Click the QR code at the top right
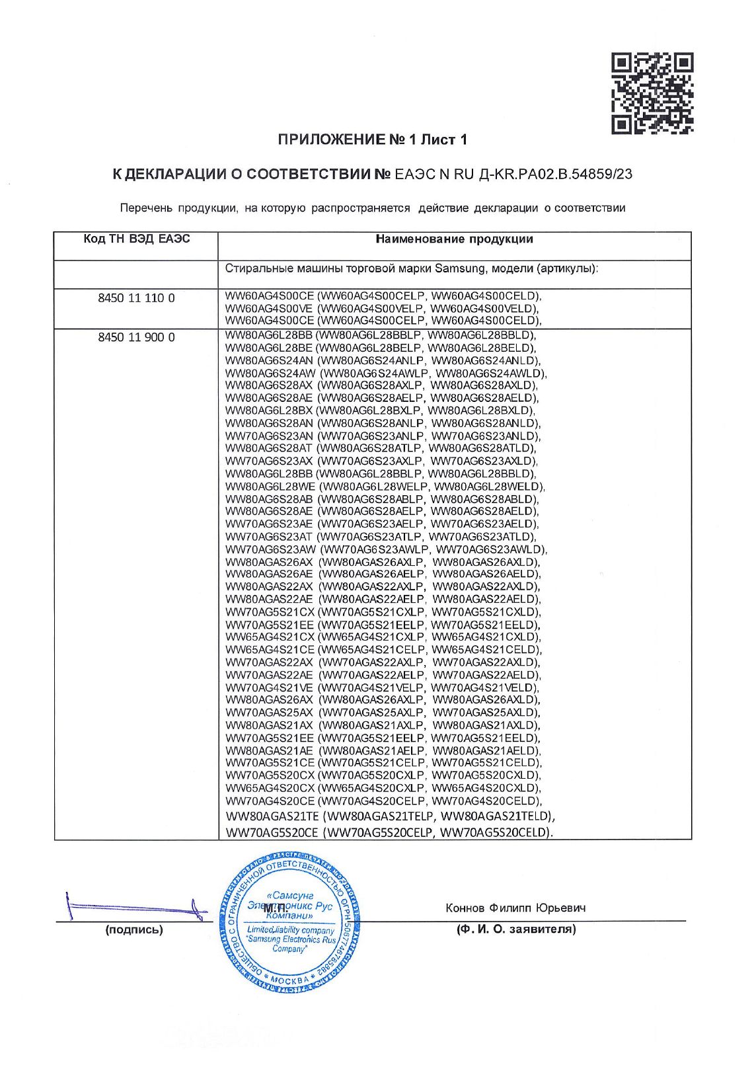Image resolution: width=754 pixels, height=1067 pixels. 652,93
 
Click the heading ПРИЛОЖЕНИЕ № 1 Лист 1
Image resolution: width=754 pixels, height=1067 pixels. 372,139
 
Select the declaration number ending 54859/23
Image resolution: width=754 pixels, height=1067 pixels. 513,175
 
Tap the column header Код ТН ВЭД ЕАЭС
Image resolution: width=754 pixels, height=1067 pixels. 137,239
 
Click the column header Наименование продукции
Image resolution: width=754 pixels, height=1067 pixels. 454,239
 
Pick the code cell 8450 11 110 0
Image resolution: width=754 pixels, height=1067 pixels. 136,298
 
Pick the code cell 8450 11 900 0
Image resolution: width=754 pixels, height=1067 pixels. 136,337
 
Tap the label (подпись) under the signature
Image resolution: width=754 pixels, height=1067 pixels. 133,929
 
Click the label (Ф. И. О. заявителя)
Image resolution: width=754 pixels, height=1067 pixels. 515,929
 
